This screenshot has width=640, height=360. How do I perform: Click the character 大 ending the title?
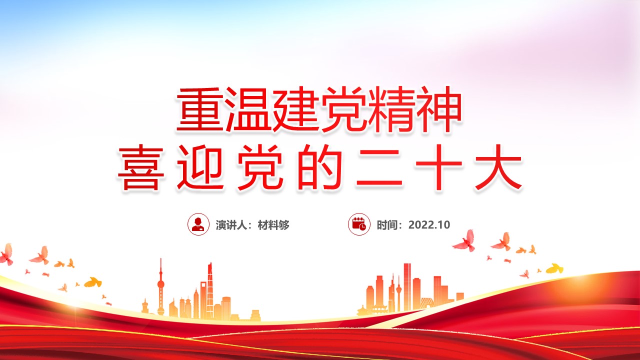(498, 167)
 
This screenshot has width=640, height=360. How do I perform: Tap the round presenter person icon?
(198, 224)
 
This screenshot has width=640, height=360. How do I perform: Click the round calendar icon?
(359, 224)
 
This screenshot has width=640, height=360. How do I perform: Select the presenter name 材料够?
(273, 225)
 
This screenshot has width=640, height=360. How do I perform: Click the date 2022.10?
(429, 225)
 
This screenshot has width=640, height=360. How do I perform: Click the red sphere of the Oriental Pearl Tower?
(161, 284)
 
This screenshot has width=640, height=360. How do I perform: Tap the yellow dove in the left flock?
(93, 282)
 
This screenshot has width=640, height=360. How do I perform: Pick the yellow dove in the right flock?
(554, 268)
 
